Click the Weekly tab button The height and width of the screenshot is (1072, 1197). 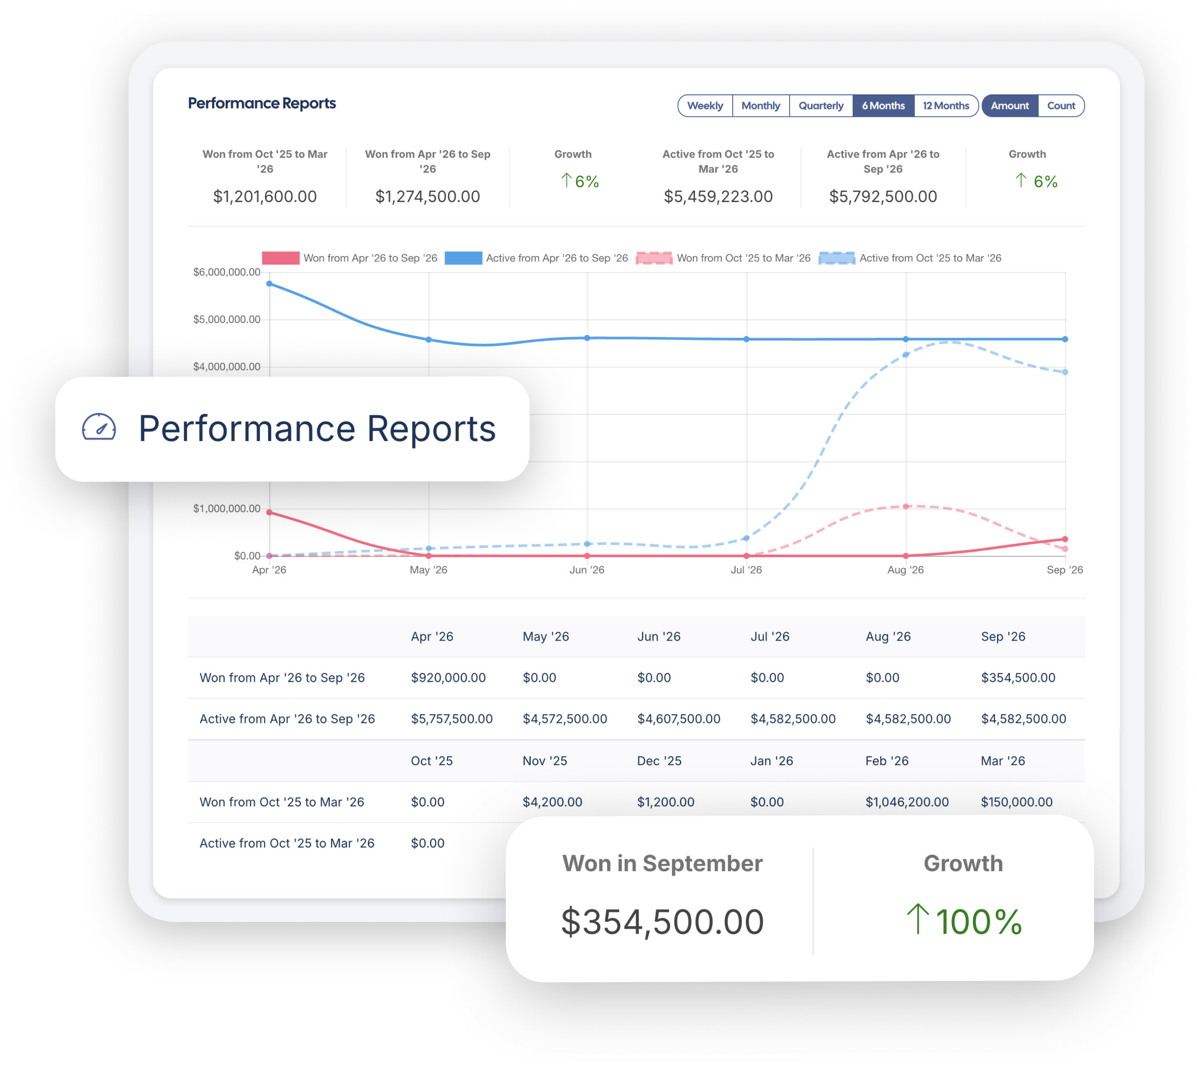coord(705,106)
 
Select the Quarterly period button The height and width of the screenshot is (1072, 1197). coord(821,106)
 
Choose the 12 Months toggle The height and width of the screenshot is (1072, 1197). coord(945,106)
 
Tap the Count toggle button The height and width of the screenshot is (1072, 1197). coord(1061,106)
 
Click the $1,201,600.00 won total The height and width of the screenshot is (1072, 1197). coord(265,197)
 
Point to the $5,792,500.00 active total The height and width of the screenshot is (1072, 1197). coord(883,197)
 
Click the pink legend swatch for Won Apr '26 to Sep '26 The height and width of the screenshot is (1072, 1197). coord(281,258)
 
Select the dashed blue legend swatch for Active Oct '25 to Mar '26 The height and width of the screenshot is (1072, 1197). coord(837,258)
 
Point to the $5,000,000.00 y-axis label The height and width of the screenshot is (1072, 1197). coord(227,319)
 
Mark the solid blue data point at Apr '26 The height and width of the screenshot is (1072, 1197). coord(270,284)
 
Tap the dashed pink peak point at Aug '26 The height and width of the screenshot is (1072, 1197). coord(906,506)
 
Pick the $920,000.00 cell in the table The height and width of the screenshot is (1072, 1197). coord(448,678)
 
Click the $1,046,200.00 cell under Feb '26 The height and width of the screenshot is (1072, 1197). coord(907,802)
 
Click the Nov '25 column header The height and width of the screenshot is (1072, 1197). coord(545,761)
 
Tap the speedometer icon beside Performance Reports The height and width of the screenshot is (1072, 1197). coord(99,428)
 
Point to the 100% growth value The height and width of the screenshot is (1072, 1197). coord(964,921)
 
